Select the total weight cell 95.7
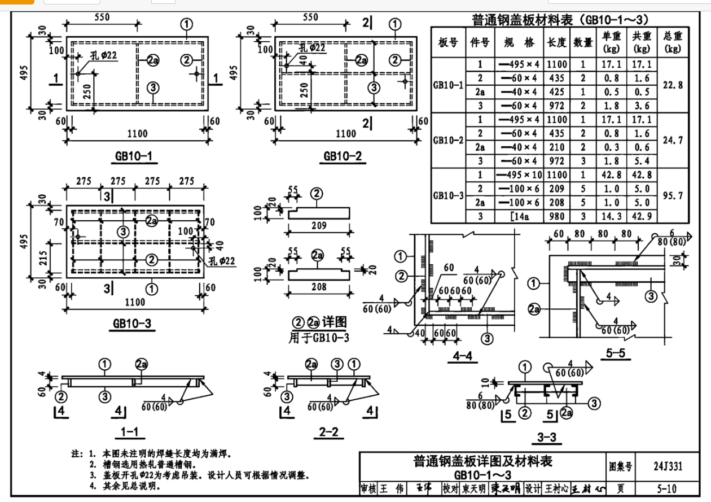[673, 195]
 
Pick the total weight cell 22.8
[673, 85]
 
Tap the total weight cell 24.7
[673, 140]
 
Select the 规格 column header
[519, 43]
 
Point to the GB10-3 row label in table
[449, 195]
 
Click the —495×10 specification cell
[519, 175]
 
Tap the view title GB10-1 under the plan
[133, 156]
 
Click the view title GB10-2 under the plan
[343, 156]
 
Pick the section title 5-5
[615, 354]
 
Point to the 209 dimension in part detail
[319, 226]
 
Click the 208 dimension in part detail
[319, 287]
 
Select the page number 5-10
[666, 489]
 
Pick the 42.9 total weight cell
[642, 216]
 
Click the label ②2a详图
[319, 322]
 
